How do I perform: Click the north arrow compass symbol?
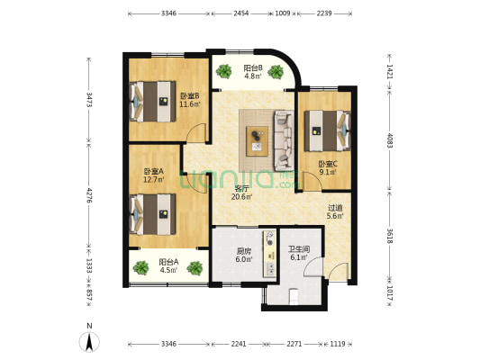(x=89, y=342)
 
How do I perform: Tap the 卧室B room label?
(x=190, y=96)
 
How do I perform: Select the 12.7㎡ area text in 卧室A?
(x=154, y=179)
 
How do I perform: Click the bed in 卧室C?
(x=327, y=130)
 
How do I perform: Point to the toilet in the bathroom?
(x=294, y=296)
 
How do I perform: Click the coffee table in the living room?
(x=258, y=141)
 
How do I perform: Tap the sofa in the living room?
(x=284, y=140)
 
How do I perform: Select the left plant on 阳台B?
(x=223, y=71)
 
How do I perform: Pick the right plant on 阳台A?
(x=195, y=268)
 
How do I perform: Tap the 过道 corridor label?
(x=335, y=208)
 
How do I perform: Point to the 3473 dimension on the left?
(x=89, y=100)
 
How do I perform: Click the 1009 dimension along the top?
(x=283, y=13)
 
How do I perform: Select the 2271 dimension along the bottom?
(x=294, y=344)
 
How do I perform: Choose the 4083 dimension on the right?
(x=390, y=139)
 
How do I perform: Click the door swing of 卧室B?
(x=196, y=132)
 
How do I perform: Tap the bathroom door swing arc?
(x=313, y=267)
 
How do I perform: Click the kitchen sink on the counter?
(x=270, y=269)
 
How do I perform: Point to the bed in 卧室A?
(x=153, y=214)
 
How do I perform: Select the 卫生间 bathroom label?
(x=299, y=249)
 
